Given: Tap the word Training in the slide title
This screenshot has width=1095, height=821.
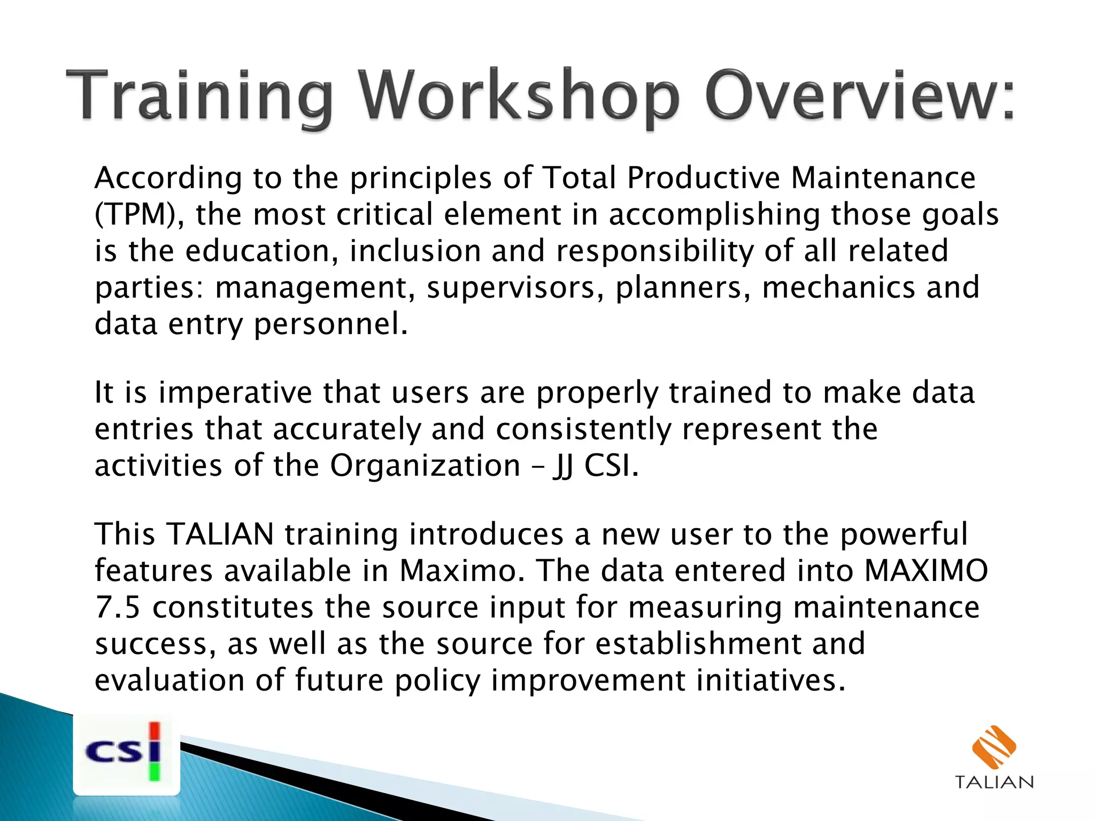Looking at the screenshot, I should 199,96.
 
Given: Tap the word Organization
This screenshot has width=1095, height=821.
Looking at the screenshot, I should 425,466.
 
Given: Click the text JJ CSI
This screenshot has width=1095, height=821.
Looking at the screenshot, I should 595,466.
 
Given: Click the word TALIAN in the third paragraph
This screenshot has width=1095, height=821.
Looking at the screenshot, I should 220,534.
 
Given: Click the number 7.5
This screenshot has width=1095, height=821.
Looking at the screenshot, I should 118,607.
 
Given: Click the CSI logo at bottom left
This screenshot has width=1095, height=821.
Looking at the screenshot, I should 126,754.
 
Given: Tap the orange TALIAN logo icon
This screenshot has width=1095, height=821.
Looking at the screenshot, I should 994,746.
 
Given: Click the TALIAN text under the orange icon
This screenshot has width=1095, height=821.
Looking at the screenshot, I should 994,782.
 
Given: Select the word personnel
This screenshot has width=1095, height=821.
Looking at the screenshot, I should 330,324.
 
